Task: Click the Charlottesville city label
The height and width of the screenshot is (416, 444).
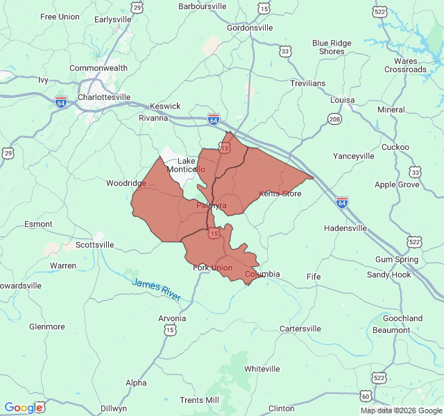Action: (x=104, y=98)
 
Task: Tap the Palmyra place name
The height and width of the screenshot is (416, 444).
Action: (x=211, y=206)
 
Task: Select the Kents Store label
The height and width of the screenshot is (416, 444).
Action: (x=280, y=193)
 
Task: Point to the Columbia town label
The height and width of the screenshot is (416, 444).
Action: (x=262, y=275)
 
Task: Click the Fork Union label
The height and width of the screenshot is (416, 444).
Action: (x=212, y=268)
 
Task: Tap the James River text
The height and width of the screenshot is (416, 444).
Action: (x=156, y=289)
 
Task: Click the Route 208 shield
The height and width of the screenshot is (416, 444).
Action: (x=335, y=119)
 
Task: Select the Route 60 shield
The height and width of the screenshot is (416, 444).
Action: (x=366, y=396)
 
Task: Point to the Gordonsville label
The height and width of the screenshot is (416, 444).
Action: (x=250, y=28)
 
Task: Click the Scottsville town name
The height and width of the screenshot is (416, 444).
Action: (x=94, y=245)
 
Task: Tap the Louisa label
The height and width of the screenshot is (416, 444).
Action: (x=342, y=100)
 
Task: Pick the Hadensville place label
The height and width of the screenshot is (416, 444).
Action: (x=345, y=228)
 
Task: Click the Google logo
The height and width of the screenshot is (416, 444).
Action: (x=24, y=408)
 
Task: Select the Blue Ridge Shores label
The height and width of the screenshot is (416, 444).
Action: (x=332, y=47)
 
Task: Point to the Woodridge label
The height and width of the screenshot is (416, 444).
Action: (x=126, y=184)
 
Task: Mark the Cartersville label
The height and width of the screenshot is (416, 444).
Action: (x=300, y=329)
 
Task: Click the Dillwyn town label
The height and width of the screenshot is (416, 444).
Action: (x=114, y=408)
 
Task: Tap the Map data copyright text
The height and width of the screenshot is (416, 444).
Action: (x=401, y=410)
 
